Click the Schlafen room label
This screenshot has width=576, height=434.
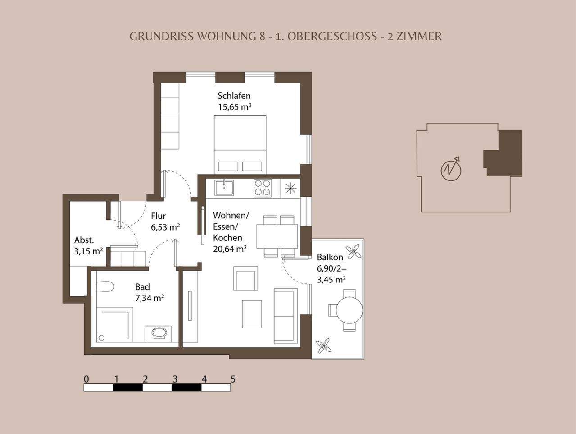(x=234, y=96)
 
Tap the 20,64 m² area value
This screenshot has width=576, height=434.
(x=229, y=249)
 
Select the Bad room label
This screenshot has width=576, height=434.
(x=142, y=287)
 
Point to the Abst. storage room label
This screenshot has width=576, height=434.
(x=84, y=240)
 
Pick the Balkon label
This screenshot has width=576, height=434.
(x=330, y=257)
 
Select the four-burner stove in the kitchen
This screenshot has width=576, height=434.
(x=263, y=188)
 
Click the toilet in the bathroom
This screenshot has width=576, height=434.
(x=104, y=286)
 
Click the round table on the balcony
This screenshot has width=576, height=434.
(x=349, y=310)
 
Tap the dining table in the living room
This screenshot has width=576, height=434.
(x=277, y=236)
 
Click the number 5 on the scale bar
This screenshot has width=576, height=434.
(x=233, y=379)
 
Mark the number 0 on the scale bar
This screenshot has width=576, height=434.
(x=86, y=379)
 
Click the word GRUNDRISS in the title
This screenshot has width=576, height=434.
(x=162, y=37)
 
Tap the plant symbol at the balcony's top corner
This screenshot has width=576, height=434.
(x=354, y=251)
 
